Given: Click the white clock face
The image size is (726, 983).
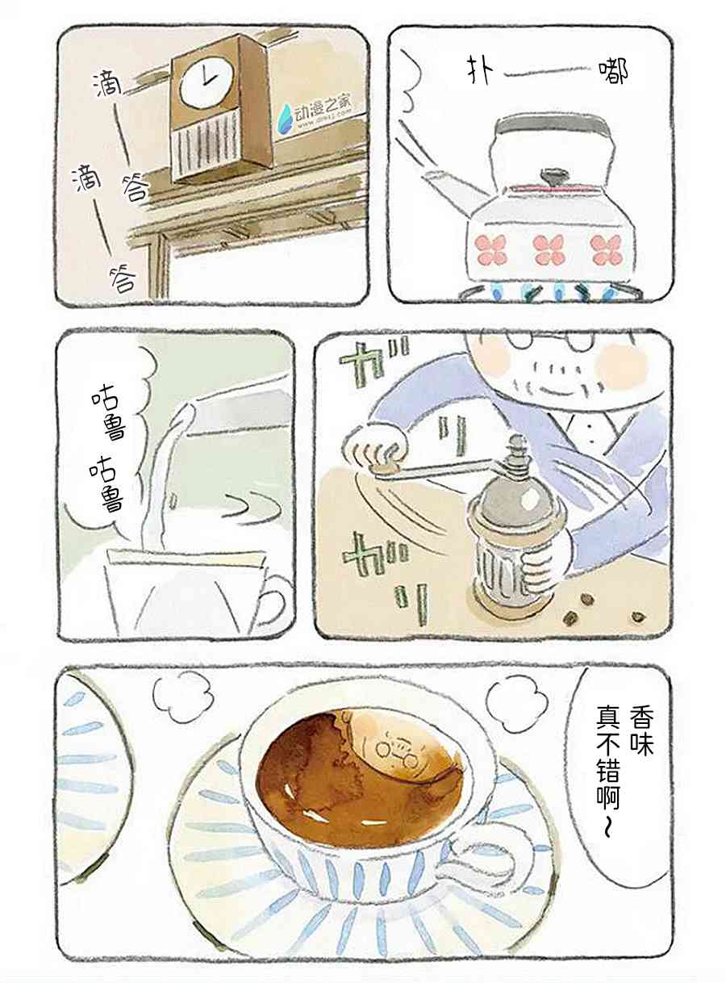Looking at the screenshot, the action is coord(206,82).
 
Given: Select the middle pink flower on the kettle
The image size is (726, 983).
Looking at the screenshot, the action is coord(548,249).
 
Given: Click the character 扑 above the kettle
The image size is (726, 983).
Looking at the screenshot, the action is coord(480,73).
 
